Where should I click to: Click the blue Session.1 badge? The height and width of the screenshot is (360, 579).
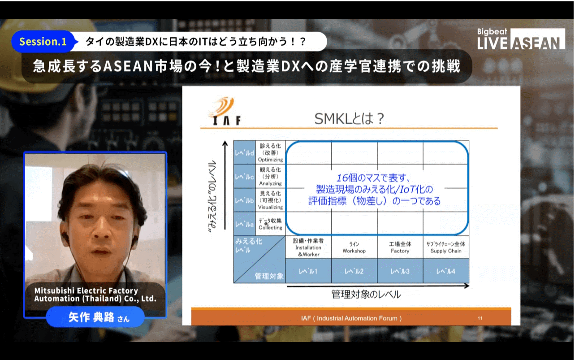[x=43, y=42]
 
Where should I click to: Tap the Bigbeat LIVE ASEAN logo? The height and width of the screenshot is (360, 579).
[x=521, y=39]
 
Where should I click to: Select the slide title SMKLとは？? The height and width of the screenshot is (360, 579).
[x=349, y=119]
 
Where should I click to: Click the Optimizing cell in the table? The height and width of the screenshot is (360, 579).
[x=270, y=152]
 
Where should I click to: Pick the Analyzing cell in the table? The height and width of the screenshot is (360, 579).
[x=270, y=176]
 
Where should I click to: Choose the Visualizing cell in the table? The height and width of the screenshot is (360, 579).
[x=270, y=200]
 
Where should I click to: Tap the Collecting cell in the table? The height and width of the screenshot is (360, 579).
[x=270, y=224]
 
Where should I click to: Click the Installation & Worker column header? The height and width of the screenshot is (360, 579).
[x=308, y=247]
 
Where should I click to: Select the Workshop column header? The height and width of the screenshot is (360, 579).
[x=354, y=247]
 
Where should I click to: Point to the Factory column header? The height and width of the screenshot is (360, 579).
[x=400, y=247]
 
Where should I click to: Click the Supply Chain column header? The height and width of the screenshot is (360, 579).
[x=446, y=247]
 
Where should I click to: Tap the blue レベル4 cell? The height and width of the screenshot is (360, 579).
[x=446, y=271]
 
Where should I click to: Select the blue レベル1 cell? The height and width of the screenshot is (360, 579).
[x=308, y=271]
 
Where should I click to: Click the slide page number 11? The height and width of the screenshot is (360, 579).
[x=480, y=318]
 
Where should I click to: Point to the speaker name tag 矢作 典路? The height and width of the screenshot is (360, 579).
[x=95, y=317]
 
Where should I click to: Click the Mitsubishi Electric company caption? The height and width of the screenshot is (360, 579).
[x=95, y=295]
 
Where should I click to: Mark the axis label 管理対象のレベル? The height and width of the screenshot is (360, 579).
[x=366, y=294]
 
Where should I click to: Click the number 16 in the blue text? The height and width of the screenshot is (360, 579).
[x=342, y=178]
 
